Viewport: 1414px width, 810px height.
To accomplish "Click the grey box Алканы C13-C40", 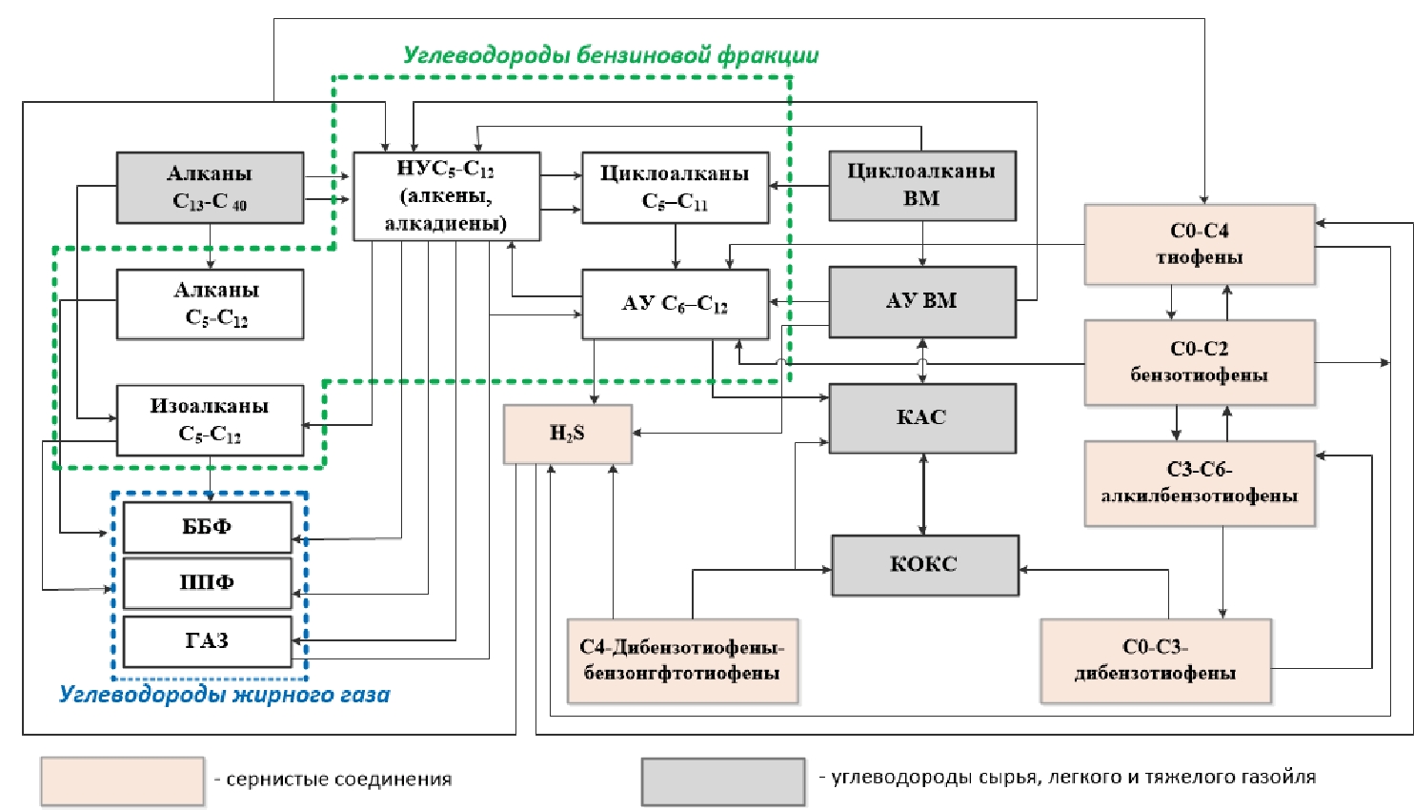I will pos(210,188).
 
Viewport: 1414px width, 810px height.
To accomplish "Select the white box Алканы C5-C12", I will pos(210,304).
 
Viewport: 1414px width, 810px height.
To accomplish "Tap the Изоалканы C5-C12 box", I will pos(210,420).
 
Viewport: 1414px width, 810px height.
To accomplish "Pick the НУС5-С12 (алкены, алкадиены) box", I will pos(446,196).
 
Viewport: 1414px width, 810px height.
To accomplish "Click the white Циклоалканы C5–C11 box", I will pos(675,188).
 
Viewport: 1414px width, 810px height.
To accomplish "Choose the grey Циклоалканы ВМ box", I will pos(921,186).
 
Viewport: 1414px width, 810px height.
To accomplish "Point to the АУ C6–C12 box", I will pos(675,304).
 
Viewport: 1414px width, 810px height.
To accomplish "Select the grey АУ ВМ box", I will pos(921,301).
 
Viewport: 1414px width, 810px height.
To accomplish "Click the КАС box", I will pos(921,417).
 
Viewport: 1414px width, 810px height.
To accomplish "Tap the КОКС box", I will pos(924,564).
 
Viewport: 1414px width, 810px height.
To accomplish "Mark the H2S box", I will pos(567,434).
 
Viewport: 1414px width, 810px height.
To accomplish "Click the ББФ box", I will pos(207,527).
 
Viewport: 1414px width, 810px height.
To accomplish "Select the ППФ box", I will pos(207,582).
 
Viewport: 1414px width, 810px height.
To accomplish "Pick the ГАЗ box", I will pos(207,640).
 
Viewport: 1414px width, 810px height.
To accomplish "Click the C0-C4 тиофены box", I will pos(1199,244).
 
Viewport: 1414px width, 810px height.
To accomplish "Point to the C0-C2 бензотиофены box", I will pos(1199,362).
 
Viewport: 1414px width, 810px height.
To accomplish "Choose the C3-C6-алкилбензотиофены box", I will pos(1199,483).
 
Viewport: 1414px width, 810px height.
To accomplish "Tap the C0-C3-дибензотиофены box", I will pos(1155,660).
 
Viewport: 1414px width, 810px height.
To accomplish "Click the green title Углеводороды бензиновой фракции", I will pos(611,55).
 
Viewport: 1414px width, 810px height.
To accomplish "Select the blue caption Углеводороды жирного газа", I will pos(225,695).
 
